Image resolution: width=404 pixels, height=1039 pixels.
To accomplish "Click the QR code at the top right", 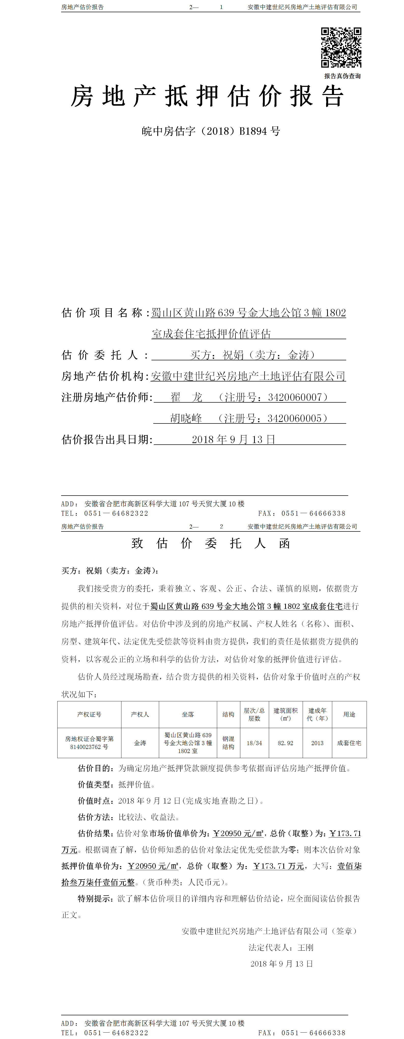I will pyautogui.click(x=341, y=48).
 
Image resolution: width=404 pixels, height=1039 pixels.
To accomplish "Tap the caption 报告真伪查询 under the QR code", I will pyautogui.click(x=342, y=76).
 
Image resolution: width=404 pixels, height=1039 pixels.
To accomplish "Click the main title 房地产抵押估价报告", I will pyautogui.click(x=207, y=97).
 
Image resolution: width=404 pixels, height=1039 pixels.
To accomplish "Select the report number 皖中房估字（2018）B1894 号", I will pyautogui.click(x=211, y=131).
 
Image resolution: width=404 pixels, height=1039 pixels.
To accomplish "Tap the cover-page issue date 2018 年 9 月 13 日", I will pyautogui.click(x=233, y=440).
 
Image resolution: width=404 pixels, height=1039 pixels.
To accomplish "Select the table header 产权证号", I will pyautogui.click(x=89, y=714).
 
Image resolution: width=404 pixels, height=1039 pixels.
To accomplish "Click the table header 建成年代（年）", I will pyautogui.click(x=317, y=714).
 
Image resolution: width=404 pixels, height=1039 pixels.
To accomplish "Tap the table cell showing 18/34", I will pyautogui.click(x=254, y=743).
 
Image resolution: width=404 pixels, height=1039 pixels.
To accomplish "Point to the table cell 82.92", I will pyautogui.click(x=285, y=743).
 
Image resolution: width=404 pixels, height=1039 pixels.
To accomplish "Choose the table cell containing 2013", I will pyautogui.click(x=317, y=743).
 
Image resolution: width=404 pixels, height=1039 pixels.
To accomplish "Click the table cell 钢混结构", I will pyautogui.click(x=228, y=743).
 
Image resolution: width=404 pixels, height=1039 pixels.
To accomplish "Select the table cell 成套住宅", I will pyautogui.click(x=349, y=743).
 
